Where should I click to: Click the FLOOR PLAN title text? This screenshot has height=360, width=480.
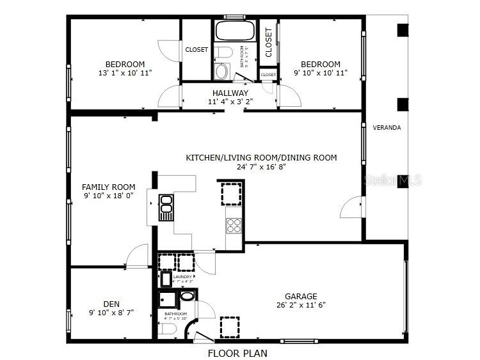(237, 352)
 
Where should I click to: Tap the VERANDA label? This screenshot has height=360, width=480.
(387, 128)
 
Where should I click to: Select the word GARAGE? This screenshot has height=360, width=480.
(301, 296)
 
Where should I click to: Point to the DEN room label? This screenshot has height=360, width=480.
(111, 304)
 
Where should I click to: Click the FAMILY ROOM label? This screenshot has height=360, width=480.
(108, 187)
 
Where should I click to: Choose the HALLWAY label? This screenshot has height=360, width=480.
(230, 93)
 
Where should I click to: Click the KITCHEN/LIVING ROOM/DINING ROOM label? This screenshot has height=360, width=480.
(261, 157)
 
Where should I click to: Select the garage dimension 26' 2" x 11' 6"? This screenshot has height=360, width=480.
(301, 305)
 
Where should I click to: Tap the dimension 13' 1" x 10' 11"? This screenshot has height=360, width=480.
(125, 73)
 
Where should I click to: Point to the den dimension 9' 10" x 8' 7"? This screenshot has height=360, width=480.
(111, 313)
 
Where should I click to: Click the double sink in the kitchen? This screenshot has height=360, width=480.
(166, 207)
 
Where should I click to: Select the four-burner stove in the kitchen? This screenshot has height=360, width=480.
(234, 224)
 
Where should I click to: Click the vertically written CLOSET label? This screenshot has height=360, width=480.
(268, 42)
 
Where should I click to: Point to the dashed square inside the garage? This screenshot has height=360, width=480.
(230, 327)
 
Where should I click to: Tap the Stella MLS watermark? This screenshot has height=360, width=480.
(392, 181)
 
